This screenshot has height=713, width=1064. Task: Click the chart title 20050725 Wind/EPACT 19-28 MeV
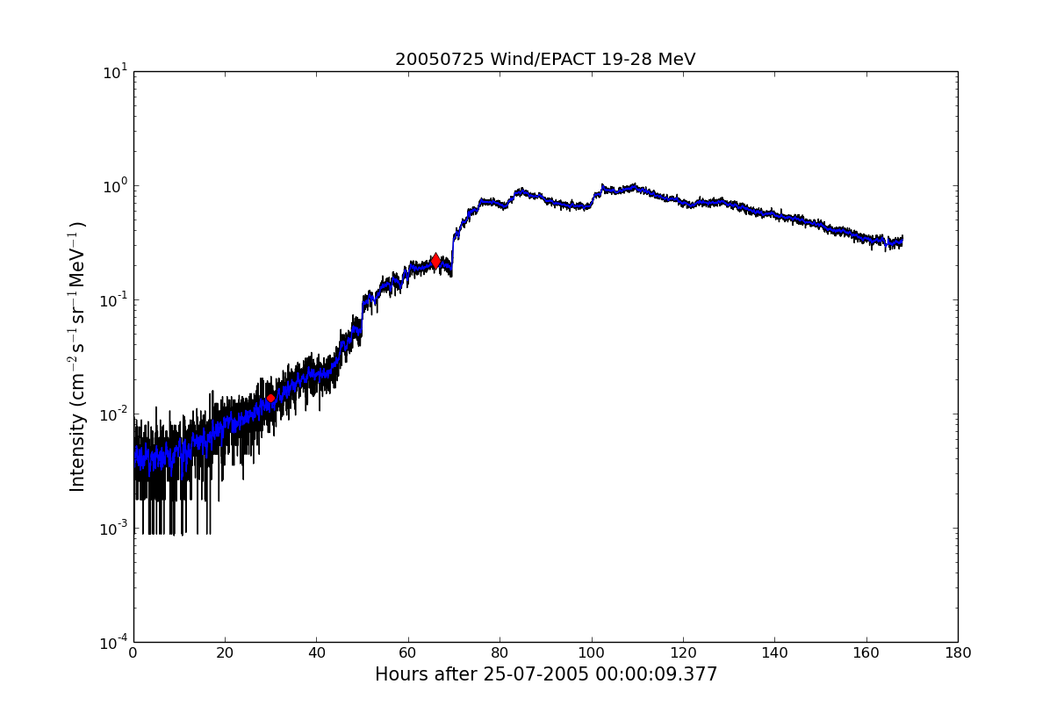coord(545,60)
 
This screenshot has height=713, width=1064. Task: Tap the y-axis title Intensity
coord(78,356)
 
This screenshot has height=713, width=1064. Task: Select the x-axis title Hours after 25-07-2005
coord(545,674)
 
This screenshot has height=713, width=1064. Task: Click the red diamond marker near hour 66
coord(435,261)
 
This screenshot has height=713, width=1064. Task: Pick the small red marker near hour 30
coord(270,399)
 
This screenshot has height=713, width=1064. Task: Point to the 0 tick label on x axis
coord(133,652)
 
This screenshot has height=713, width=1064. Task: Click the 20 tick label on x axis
coord(225,652)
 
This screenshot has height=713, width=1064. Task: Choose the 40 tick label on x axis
coord(317,652)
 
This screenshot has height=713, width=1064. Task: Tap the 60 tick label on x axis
coord(408,652)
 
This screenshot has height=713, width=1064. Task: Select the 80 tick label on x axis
coord(500,652)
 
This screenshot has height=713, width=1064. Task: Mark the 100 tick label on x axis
coord(592,652)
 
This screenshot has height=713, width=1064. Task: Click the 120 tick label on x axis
coord(683,652)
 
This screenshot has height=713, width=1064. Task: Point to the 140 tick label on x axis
coord(774,652)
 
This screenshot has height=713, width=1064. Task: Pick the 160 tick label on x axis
coord(866,652)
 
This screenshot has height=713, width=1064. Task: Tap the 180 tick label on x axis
coord(958,652)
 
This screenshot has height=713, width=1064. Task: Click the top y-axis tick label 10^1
coord(116,71)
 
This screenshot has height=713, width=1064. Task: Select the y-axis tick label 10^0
coord(116,185)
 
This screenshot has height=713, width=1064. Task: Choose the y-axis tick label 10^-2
coord(114,414)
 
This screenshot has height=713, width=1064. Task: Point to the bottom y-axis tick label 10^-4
coord(114,642)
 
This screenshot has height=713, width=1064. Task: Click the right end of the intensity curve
coord(902,240)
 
